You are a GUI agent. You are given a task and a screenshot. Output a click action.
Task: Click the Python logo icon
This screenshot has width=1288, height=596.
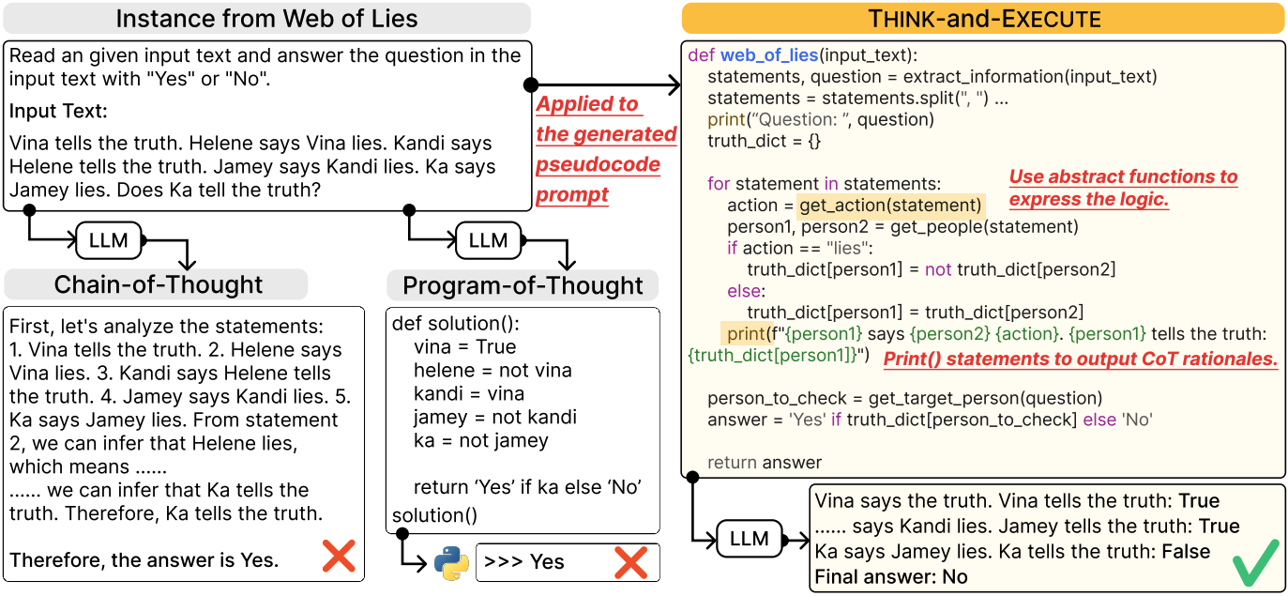[451, 562]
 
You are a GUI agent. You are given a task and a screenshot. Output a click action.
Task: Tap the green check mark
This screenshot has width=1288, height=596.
[1256, 562]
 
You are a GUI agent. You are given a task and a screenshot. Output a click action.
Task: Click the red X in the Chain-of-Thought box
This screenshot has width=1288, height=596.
[339, 556]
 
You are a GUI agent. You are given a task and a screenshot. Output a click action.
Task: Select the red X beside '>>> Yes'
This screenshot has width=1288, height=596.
[630, 562]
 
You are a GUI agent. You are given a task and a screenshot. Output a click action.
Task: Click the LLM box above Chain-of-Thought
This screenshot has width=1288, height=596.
[109, 240]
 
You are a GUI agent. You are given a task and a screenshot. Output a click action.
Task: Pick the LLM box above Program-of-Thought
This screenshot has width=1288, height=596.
[488, 240]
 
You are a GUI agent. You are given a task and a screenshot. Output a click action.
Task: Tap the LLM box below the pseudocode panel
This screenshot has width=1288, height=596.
[750, 539]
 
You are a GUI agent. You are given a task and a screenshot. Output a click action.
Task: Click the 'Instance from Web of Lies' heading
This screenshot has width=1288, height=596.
[266, 19]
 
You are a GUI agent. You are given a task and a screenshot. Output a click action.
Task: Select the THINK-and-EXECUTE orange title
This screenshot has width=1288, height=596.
[984, 19]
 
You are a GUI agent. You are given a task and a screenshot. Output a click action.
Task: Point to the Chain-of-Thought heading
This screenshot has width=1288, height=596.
[159, 284]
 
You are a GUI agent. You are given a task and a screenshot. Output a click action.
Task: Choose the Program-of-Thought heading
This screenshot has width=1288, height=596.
[523, 285]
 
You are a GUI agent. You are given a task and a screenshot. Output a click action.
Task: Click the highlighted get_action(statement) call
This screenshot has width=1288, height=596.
[890, 206]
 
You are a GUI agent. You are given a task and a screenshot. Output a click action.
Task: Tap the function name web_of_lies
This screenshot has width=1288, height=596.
[769, 55]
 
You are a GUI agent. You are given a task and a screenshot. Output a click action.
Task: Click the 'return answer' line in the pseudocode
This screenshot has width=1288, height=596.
[765, 463]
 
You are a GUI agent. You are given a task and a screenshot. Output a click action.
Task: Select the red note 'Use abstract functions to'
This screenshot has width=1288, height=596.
[1124, 176]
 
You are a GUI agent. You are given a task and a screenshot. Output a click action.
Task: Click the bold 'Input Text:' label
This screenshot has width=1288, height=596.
[58, 111]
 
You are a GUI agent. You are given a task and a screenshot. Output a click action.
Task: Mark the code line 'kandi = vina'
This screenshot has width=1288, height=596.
[469, 394]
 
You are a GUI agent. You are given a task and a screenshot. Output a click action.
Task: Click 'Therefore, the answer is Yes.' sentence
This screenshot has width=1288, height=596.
[144, 559]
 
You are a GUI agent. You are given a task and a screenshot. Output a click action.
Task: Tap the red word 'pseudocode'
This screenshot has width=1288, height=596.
[598, 164]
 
